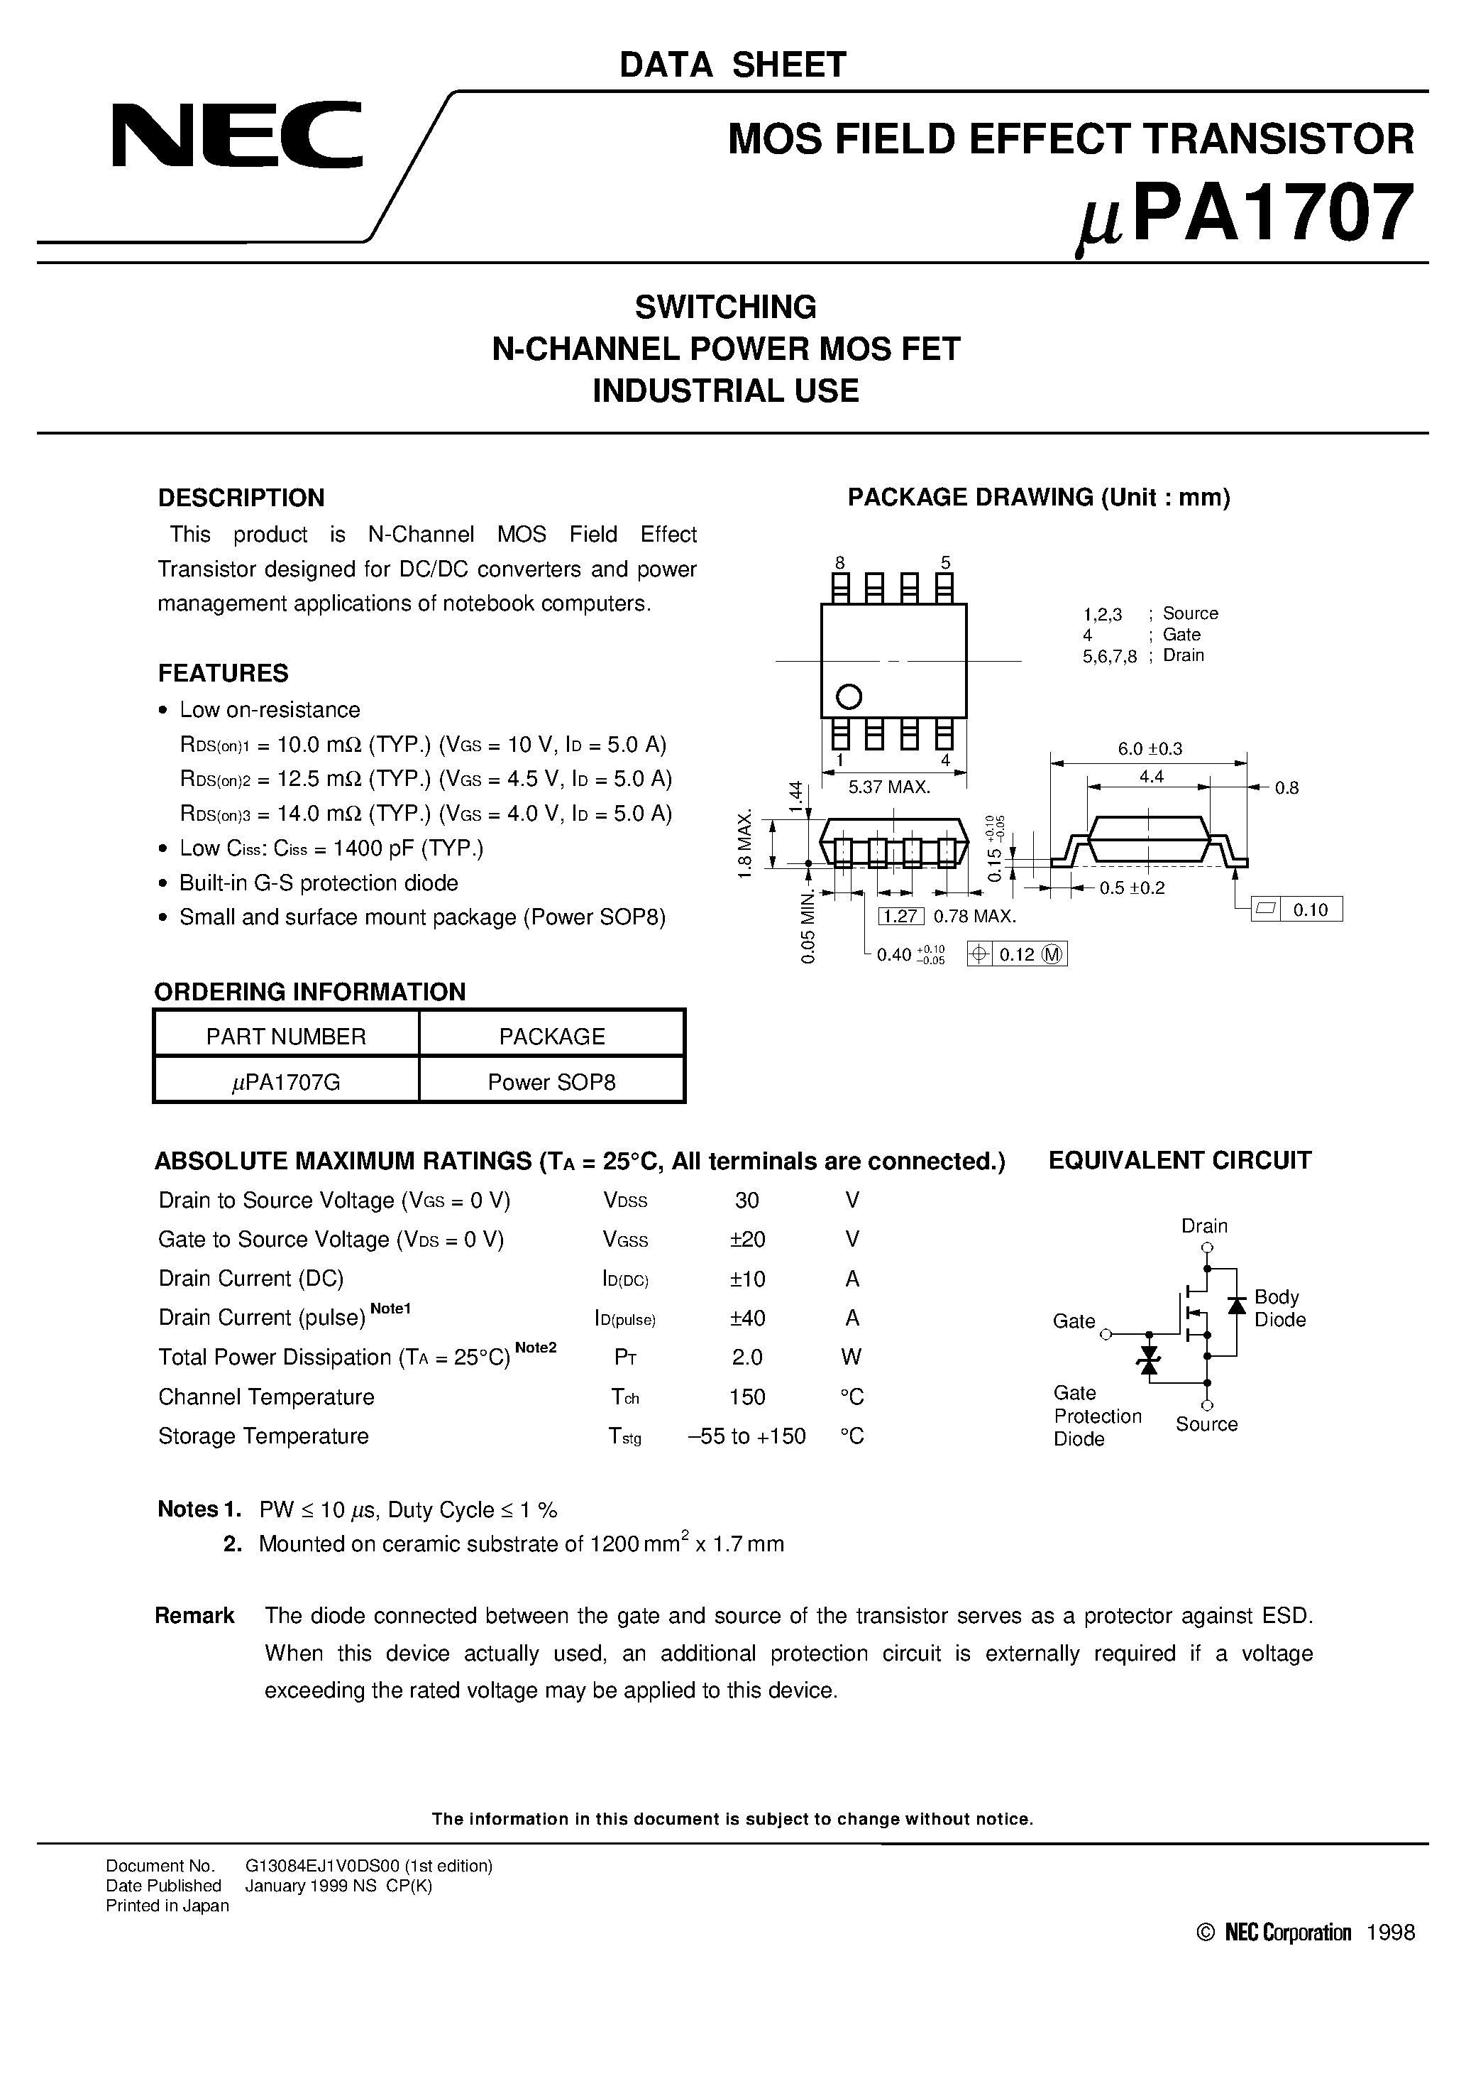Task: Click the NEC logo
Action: (x=237, y=136)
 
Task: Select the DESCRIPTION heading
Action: (x=241, y=498)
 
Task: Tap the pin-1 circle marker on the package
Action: (x=849, y=696)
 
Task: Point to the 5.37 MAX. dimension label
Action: (x=889, y=787)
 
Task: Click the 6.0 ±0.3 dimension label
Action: (x=1150, y=748)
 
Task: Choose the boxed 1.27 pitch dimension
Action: (x=900, y=916)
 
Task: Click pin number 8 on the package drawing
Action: (x=839, y=562)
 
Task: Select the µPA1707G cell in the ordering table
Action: (x=287, y=1081)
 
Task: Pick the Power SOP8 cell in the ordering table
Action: (x=551, y=1081)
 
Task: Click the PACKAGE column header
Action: (x=551, y=1036)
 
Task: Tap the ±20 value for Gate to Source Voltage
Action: (x=747, y=1240)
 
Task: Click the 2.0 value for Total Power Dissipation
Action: (x=747, y=1357)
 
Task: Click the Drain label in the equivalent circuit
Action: (x=1204, y=1226)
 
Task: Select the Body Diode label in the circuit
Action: (x=1279, y=1309)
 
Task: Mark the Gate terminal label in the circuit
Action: (x=1074, y=1321)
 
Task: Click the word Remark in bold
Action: (x=194, y=1616)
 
